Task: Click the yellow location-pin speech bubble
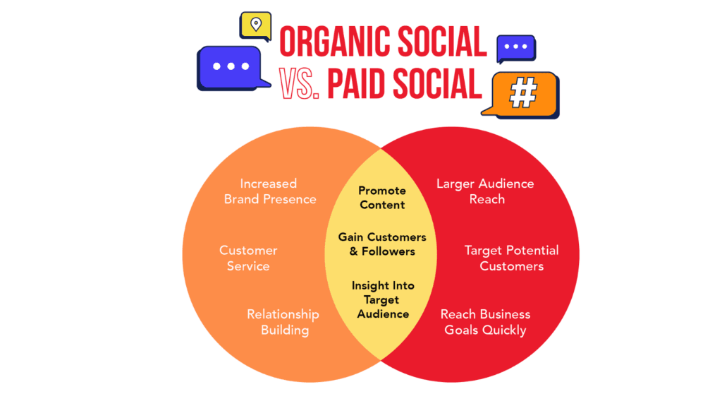tap(255, 25)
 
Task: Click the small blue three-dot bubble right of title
tap(515, 47)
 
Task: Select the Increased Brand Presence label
tap(269, 191)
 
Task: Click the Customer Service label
tap(248, 258)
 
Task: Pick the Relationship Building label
tap(283, 322)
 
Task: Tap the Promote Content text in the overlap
tap(382, 198)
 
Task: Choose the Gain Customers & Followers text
tap(382, 244)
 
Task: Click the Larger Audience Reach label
tap(485, 191)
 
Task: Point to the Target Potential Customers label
tap(512, 258)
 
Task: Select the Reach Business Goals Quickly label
tap(485, 322)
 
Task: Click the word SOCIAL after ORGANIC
tap(441, 42)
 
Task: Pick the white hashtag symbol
tap(524, 92)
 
